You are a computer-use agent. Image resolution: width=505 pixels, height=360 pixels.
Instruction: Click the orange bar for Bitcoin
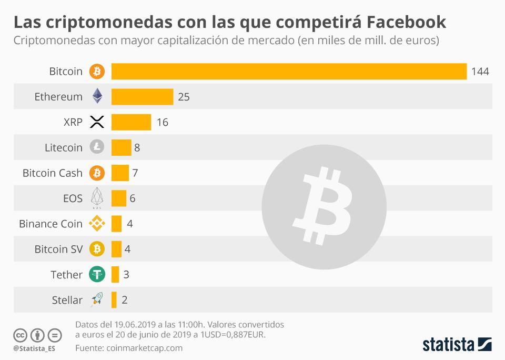point(289,71)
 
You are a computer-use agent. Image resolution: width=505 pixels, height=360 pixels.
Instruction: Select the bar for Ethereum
point(142,97)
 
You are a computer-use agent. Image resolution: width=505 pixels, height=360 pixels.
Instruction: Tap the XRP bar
point(131,122)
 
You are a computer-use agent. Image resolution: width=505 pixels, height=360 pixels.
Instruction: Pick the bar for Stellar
point(114,300)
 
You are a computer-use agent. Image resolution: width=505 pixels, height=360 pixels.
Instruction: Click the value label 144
point(480,72)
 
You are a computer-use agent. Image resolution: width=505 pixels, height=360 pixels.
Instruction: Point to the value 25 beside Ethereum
point(184,97)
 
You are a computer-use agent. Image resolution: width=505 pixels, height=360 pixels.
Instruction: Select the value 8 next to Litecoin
point(137,148)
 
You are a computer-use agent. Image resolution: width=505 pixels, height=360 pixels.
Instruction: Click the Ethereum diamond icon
point(97,96)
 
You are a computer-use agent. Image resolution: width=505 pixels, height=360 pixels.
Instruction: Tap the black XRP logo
point(97,122)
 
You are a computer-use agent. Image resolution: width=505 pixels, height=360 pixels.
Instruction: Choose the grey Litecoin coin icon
point(97,147)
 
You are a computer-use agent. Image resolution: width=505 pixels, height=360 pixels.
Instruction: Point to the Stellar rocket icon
point(97,300)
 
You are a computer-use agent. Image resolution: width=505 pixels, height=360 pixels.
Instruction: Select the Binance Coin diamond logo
point(97,224)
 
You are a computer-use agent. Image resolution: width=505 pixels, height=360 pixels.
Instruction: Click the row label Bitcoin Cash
point(53,173)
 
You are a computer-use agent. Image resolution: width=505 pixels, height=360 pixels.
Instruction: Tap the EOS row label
point(73,198)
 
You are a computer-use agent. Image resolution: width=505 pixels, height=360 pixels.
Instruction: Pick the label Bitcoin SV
point(58,249)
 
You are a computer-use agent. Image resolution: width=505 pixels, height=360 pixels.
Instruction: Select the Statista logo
point(457,345)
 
